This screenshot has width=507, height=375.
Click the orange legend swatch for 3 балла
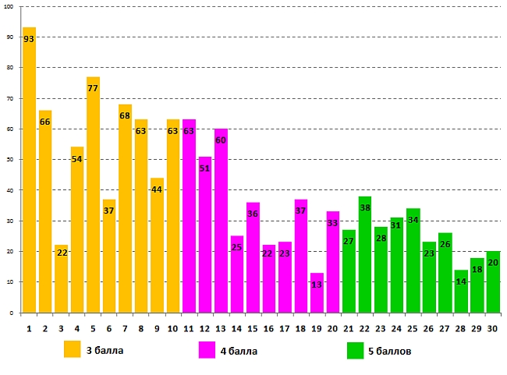[x=73, y=350]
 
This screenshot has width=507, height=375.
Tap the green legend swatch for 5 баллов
[x=356, y=351]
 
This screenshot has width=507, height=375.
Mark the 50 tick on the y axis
[x=9, y=159]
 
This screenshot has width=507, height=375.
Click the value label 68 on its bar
[x=125, y=116]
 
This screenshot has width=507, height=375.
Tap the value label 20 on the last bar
[x=492, y=263]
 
